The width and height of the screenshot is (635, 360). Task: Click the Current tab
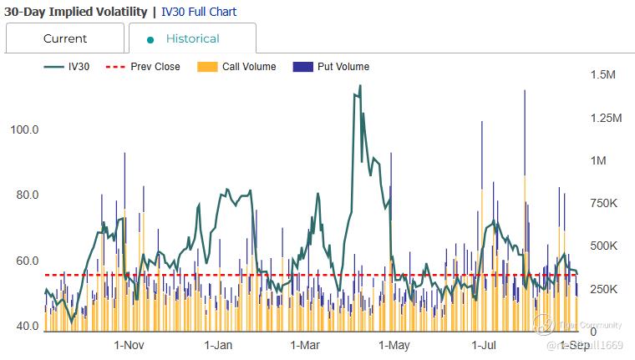point(65,38)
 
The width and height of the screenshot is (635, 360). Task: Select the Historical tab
point(192,38)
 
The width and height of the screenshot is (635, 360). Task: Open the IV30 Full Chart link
point(199,12)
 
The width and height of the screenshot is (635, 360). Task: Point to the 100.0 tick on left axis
point(24,129)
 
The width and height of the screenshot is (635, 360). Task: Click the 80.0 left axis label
point(24,195)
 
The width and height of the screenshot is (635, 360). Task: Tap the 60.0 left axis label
point(24,261)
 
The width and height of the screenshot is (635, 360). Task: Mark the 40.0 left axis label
point(24,326)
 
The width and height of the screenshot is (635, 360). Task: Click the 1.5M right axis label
point(602,75)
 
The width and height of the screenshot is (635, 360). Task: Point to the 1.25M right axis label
point(606,118)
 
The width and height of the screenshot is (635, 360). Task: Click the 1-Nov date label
point(130,345)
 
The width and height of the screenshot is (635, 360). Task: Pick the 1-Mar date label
point(306,345)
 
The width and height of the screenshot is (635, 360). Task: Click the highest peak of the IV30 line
point(360,85)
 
